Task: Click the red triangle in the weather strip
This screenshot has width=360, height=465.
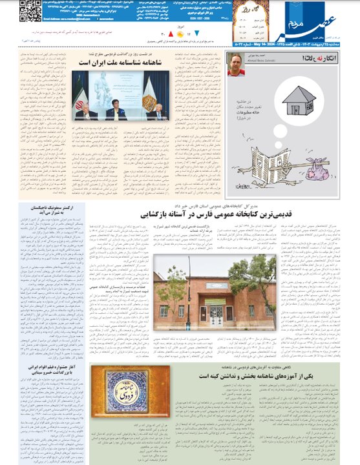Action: (170, 32)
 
